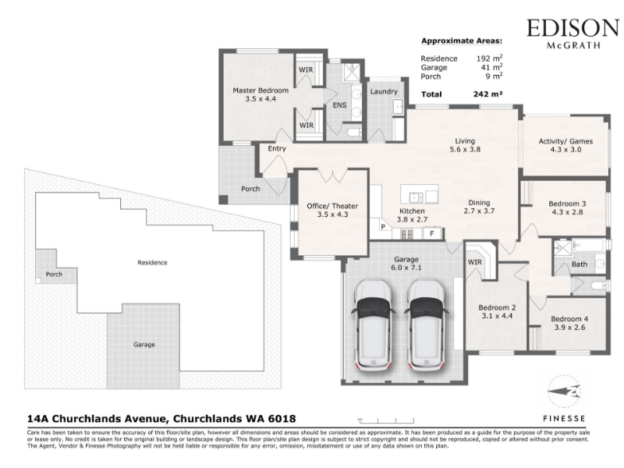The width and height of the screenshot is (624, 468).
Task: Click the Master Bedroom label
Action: pyautogui.click(x=261, y=90)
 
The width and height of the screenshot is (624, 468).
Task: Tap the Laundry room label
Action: pyautogui.click(x=384, y=91)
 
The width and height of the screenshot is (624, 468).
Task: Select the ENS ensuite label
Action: pyautogui.click(x=339, y=105)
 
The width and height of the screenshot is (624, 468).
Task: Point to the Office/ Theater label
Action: pyautogui.click(x=332, y=206)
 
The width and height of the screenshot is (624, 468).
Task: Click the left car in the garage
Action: pyautogui.click(x=373, y=324)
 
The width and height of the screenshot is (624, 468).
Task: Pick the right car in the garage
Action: pyautogui.click(x=425, y=324)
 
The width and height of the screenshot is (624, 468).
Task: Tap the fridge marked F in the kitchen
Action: pyautogui.click(x=432, y=233)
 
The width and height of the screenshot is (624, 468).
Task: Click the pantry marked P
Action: pyautogui.click(x=383, y=227)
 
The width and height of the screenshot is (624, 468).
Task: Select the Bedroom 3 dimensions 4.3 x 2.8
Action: pyautogui.click(x=567, y=212)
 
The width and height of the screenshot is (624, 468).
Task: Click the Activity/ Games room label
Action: pyautogui.click(x=565, y=141)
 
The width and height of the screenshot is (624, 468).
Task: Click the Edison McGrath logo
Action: pyautogui.click(x=573, y=34)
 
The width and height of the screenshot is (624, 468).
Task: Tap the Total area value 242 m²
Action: pyautogui.click(x=488, y=94)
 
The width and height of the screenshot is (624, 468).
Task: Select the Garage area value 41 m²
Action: pyautogui.click(x=491, y=67)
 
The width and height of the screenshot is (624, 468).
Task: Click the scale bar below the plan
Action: pyautogui.click(x=386, y=420)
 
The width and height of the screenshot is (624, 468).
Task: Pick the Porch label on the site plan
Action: pyautogui.click(x=54, y=275)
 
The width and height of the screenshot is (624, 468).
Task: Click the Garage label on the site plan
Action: pyautogui.click(x=144, y=345)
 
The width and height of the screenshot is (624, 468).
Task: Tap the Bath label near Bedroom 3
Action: pyautogui.click(x=580, y=264)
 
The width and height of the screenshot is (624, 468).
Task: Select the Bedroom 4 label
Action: pyautogui.click(x=569, y=319)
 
